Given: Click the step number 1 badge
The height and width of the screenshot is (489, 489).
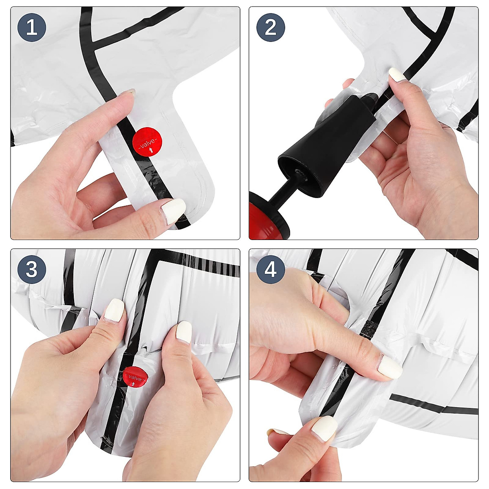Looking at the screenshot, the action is point(32,27).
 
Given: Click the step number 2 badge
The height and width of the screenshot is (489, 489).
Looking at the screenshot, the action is point(271,27).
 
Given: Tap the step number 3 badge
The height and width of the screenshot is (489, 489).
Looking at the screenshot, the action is point(32,269).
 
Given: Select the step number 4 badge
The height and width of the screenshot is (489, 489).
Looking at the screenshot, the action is point(271,269).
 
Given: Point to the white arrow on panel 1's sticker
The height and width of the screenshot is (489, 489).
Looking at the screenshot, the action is point(152,151).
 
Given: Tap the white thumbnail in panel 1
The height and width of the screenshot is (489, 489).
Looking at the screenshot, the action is point(174,211).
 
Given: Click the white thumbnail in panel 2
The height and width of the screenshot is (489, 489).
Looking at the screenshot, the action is point(397,75).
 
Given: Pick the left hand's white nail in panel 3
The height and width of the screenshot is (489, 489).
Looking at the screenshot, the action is point(115,311).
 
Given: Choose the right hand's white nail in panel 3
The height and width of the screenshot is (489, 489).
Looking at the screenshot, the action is point(184,332).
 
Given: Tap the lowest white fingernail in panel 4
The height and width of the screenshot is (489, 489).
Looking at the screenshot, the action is point(324,429).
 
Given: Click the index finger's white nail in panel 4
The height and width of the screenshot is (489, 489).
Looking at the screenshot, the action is point(390,368).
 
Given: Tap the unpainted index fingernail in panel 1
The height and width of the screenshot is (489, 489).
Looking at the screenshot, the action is point(128,92).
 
